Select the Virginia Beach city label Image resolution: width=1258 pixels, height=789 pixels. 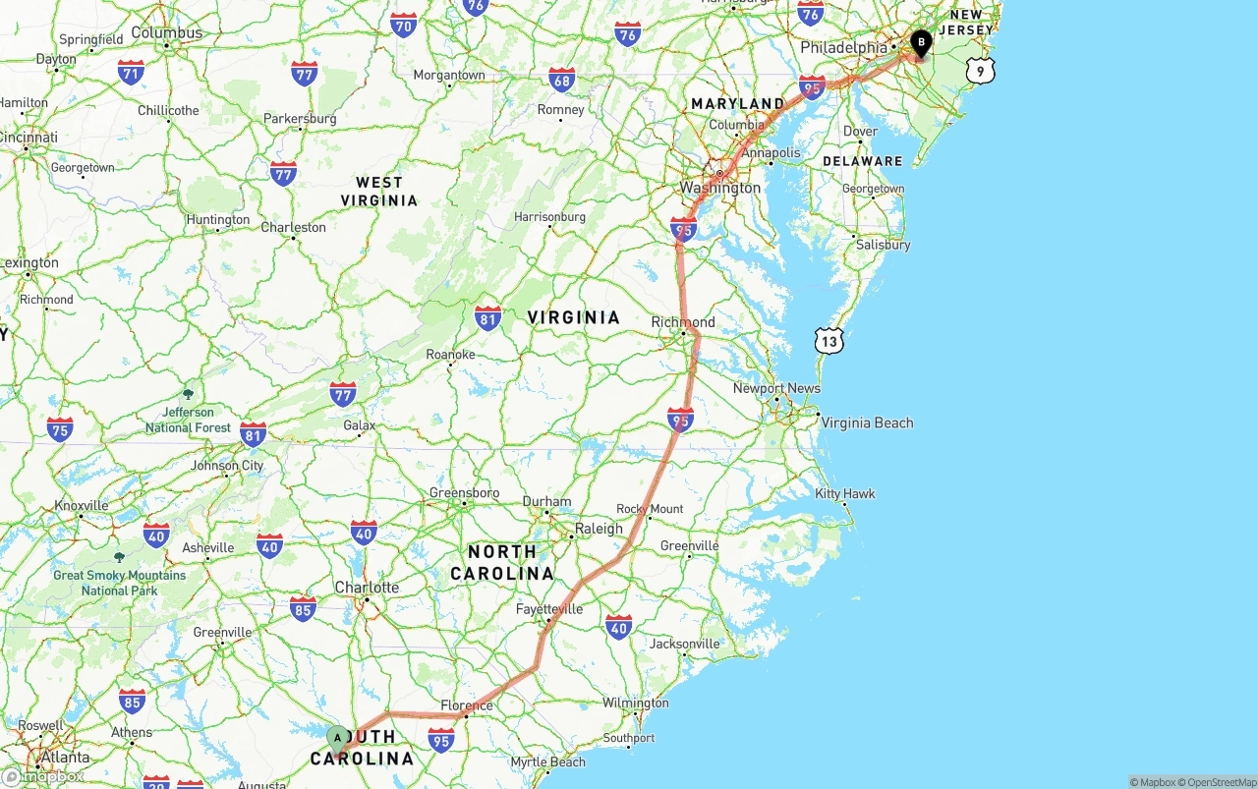coord(867,423)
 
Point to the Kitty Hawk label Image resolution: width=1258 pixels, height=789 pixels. coord(844,493)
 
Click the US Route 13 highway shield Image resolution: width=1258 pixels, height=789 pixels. coord(829,341)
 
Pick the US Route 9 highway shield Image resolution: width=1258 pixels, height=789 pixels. coord(980,71)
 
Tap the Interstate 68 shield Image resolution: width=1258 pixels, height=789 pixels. coord(561,80)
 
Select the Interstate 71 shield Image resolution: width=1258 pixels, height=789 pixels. coord(131,71)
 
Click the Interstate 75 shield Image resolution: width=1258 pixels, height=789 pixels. coord(60,428)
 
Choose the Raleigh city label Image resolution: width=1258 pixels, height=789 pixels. coord(599,529)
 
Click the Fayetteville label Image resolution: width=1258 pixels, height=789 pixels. coord(549,609)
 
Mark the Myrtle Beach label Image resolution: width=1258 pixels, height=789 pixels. coord(547,761)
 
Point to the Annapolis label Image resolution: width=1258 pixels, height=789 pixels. coord(771,152)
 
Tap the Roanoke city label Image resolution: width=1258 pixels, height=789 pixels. coord(450,355)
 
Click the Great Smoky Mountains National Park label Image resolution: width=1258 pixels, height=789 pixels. coord(119,583)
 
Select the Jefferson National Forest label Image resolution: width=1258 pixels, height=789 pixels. coord(188,420)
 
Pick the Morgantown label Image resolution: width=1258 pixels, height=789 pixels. coord(449,75)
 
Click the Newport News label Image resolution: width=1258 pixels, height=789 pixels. coord(776,388)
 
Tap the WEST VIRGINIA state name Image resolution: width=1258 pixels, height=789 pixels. coord(379,191)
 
